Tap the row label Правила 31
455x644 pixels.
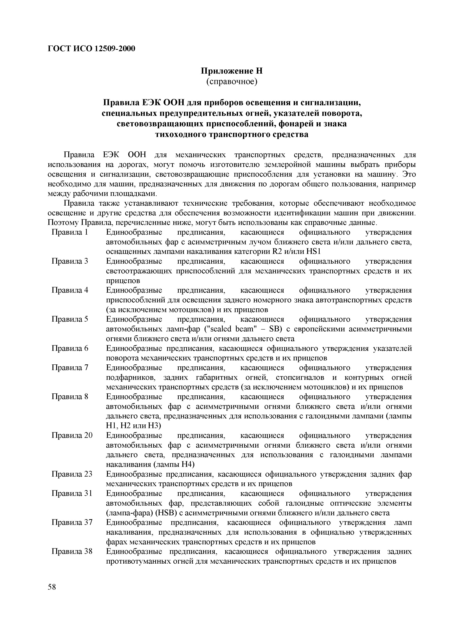(x=72, y=493)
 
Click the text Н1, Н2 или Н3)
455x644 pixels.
(x=133, y=426)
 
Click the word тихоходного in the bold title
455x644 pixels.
(x=181, y=134)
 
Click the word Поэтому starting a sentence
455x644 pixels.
(x=63, y=223)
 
